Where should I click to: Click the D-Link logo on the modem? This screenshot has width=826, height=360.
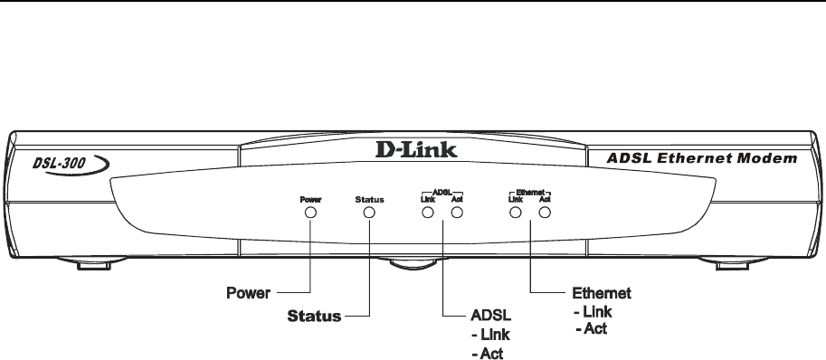point(416,149)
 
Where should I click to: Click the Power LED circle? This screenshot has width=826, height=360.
point(311,212)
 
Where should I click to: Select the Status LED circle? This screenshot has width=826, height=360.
point(369,212)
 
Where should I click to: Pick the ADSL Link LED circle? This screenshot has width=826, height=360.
point(428,212)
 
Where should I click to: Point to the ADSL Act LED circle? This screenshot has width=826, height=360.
point(457,212)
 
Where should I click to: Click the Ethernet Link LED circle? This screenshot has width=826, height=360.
point(515,212)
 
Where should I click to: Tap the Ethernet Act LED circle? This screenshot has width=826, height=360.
point(545,212)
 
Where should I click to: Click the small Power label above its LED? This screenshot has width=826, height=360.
point(311,200)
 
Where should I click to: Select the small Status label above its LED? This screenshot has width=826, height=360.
point(369,200)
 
